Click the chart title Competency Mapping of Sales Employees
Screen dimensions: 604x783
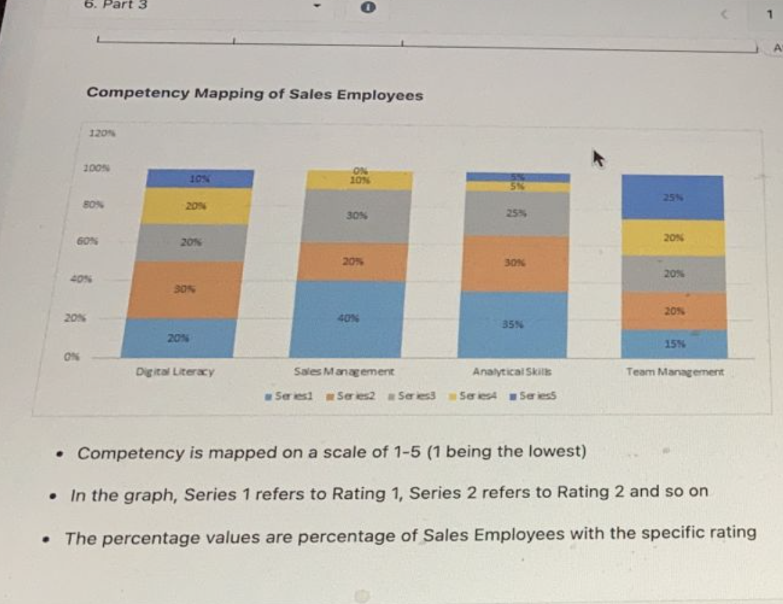(x=255, y=94)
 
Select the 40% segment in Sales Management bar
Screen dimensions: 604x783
(x=348, y=319)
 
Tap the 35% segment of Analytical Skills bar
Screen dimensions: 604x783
(x=514, y=325)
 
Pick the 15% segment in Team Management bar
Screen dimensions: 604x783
(x=675, y=344)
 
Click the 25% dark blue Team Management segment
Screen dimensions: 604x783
(x=673, y=197)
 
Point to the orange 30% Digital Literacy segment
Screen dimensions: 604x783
(x=181, y=290)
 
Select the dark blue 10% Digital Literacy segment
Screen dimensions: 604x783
(x=199, y=178)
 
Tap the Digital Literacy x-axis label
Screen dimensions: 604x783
(x=175, y=372)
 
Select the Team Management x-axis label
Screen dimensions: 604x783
(x=675, y=372)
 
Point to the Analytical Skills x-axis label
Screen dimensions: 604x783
(x=513, y=372)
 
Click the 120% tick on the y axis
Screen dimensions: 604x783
(x=99, y=133)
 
